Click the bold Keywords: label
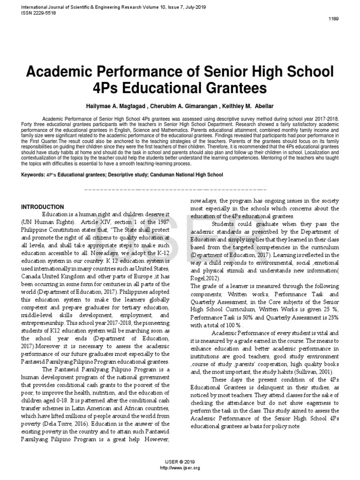35,175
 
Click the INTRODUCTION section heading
43,207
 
